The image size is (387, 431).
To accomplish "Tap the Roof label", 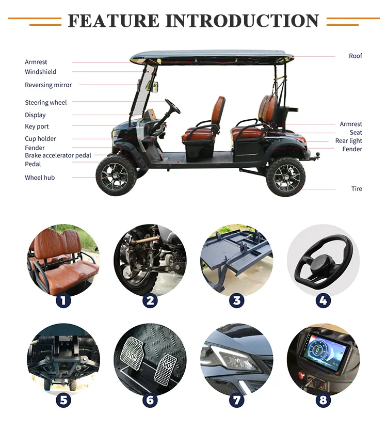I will [x=355, y=56].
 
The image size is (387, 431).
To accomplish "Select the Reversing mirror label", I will [x=48, y=85].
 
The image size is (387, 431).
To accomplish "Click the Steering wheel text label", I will [x=45, y=103].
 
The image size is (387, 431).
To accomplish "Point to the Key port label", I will [x=37, y=126].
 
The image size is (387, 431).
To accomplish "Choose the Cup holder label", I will [x=40, y=139].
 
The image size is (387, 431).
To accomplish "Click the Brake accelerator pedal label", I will [x=58, y=155].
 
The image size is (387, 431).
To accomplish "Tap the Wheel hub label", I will [x=39, y=178].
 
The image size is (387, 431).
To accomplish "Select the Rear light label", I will [x=348, y=141].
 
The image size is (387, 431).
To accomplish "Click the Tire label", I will [x=357, y=189].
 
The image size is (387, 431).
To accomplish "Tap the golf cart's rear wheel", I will [x=286, y=177].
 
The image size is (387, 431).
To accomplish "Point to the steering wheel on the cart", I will [x=173, y=106].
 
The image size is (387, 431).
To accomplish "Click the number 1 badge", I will [x=63, y=300].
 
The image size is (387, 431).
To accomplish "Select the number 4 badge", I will [x=323, y=300].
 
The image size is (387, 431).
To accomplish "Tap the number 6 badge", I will [x=150, y=400].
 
